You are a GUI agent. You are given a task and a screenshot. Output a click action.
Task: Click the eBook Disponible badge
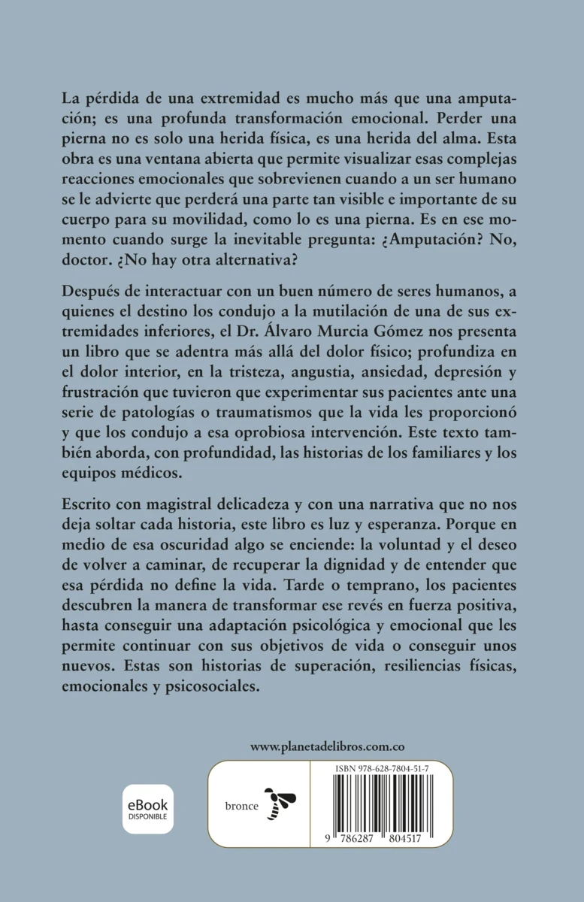click(148, 809)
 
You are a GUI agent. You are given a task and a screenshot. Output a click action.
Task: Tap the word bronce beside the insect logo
click(242, 806)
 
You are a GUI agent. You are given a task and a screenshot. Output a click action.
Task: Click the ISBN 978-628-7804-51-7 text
click(383, 769)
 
